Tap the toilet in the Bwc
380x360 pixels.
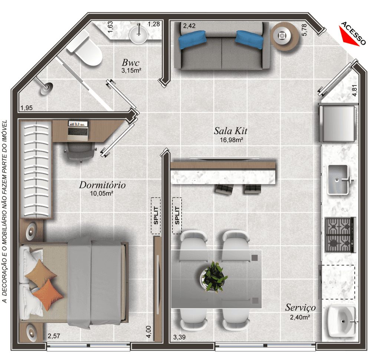click(85, 49)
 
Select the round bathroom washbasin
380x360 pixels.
click(138, 35)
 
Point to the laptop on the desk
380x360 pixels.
click(78, 131)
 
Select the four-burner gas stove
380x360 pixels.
click(340, 235)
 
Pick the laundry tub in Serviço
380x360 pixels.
click(342, 321)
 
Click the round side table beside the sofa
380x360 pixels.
click(285, 36)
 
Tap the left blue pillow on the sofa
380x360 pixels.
click(192, 39)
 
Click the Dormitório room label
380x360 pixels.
click(102, 185)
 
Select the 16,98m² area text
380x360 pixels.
click(232, 140)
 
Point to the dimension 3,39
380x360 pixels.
click(179, 337)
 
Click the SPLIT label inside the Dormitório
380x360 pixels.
click(156, 216)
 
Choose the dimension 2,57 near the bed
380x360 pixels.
click(54, 336)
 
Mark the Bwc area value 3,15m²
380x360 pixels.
click(131, 71)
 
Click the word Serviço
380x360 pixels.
click(301, 308)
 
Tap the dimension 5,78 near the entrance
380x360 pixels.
click(304, 30)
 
